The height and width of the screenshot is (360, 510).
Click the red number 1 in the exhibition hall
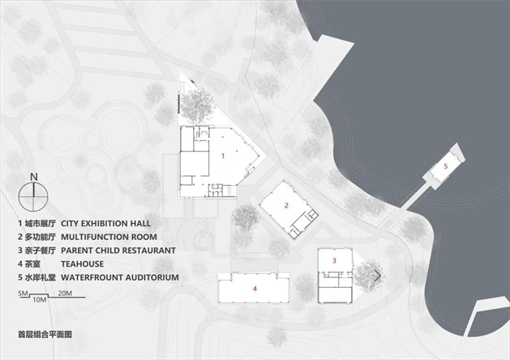tap(223, 156)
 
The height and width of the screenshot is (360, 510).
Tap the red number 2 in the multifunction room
tap(286, 205)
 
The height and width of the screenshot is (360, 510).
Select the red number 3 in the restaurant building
tap(334, 260)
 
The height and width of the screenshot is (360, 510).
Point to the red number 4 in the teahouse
tap(255, 289)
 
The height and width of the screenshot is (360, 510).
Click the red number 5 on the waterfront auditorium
tap(446, 166)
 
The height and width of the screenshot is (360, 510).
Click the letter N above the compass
tap(34, 178)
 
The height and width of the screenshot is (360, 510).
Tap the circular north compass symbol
tap(33, 197)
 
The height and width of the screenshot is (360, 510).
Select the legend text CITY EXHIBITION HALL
tap(105, 224)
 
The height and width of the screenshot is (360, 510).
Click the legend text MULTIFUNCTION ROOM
tap(109, 237)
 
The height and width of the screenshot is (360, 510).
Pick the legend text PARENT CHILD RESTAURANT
tap(118, 251)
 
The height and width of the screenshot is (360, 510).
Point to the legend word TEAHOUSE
tap(82, 264)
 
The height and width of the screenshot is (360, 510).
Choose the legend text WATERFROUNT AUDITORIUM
tap(120, 278)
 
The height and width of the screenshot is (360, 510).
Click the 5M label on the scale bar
tap(23, 294)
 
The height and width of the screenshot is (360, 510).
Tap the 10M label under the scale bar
tap(40, 300)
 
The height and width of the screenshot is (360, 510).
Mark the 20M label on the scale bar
tap(65, 294)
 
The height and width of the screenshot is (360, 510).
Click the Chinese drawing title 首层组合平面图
tap(45, 334)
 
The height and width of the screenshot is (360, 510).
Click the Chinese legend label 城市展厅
tap(41, 224)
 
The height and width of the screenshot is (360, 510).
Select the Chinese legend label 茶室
tap(33, 264)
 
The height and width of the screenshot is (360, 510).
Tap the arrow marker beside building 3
tap(378, 276)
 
